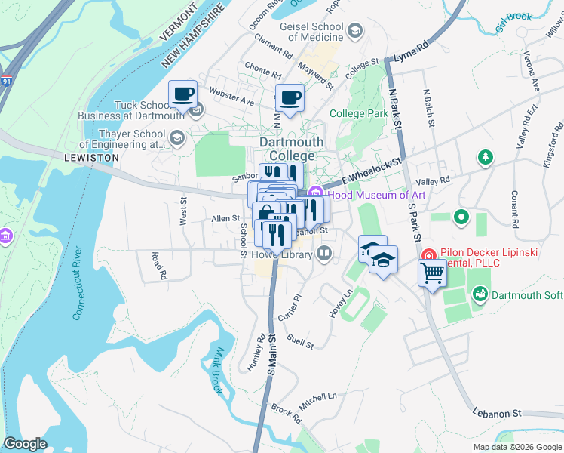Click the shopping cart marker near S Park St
point(433,273)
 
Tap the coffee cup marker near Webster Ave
point(182,94)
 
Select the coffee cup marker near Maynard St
point(290,98)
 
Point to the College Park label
point(359,114)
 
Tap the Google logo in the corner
point(25,443)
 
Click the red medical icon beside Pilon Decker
point(428,254)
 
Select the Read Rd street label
point(158,267)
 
